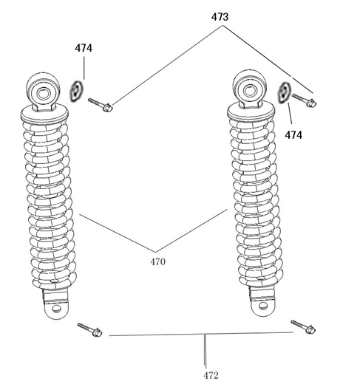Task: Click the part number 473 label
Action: pos(220,17)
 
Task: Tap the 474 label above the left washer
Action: pos(84,48)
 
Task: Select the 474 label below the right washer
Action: pos(293,135)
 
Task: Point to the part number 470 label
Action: pos(157,261)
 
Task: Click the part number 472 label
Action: pos(211,376)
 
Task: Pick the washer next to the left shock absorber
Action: pos(76,91)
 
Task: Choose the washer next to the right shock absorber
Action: pos(284,92)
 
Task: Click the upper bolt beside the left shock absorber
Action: pos(100,104)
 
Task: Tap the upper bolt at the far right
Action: pos(304,100)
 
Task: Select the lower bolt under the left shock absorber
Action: pos(89,329)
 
